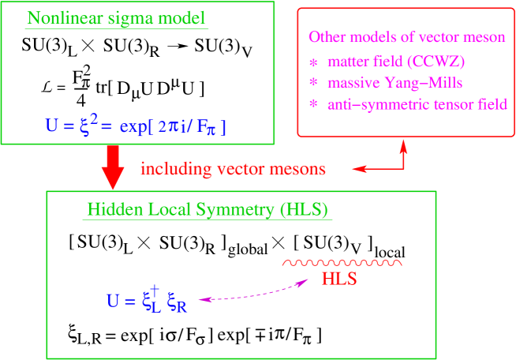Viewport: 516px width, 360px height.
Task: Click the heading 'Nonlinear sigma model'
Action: pyautogui.click(x=118, y=18)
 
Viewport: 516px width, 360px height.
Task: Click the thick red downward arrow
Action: pyautogui.click(x=114, y=167)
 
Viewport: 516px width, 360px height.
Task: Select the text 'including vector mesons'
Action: pyautogui.click(x=233, y=168)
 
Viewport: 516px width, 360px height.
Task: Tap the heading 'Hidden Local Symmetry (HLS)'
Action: pyautogui.click(x=208, y=211)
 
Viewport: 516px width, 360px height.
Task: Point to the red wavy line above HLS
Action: pyautogui.click(x=343, y=263)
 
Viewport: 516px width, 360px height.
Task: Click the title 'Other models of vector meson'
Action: pyautogui.click(x=406, y=37)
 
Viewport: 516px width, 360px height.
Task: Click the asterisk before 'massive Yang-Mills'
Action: pyautogui.click(x=312, y=83)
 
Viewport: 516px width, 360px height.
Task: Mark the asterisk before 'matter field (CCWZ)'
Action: pyautogui.click(x=312, y=62)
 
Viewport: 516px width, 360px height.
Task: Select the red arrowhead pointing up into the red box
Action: pyautogui.click(x=404, y=146)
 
